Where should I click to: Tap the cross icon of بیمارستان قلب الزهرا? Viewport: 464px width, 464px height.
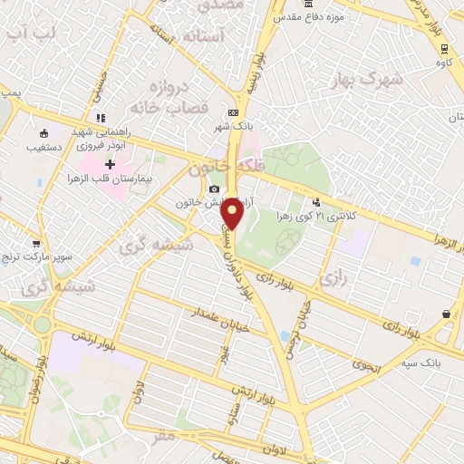(111, 165)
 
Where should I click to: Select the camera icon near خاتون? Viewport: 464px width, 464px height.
(214, 188)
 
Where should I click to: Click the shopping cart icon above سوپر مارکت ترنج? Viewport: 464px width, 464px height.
(36, 244)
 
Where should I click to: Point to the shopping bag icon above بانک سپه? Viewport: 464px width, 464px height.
(447, 314)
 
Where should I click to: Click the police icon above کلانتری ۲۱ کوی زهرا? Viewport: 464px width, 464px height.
(316, 202)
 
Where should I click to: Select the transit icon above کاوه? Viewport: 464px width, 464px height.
(443, 48)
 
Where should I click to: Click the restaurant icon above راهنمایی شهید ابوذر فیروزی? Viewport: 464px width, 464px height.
(101, 118)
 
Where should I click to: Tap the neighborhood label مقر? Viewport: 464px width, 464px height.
(163, 436)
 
